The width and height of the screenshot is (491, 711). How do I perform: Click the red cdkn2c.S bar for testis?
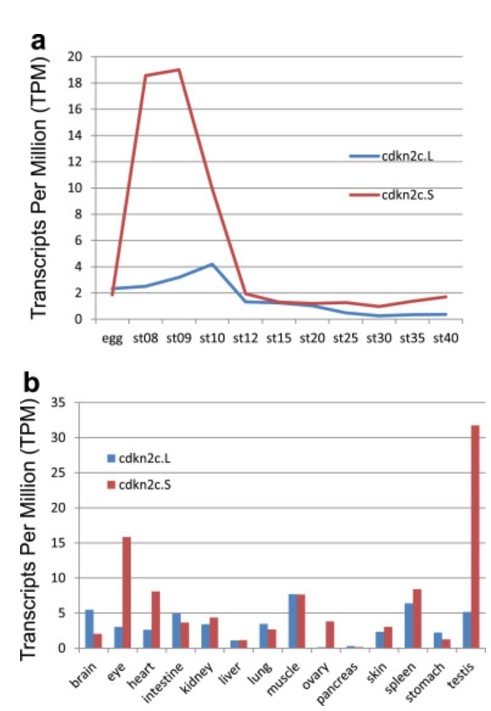pos(475,536)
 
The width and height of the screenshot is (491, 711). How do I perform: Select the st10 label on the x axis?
pos(212,336)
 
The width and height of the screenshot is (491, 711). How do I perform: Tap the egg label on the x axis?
pos(112,337)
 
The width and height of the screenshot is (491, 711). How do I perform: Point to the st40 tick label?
pos(444,336)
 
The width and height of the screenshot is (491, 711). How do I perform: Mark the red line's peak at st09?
pos(179,69)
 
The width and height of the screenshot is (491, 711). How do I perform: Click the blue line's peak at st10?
pos(212,264)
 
